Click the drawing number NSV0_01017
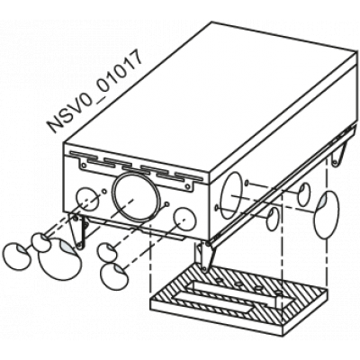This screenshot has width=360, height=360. click(x=94, y=92)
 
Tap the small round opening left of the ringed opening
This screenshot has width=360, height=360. click(x=87, y=199)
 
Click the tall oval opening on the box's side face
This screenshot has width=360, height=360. click(x=232, y=195)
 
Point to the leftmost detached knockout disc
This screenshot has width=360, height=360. click(x=17, y=257)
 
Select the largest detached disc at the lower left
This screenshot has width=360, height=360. click(x=60, y=258)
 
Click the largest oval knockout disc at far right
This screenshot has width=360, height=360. click(x=327, y=214)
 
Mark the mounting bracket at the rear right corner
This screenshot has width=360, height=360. click(x=339, y=155)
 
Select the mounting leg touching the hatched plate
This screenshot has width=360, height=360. click(x=205, y=256)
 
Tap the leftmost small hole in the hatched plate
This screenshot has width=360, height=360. click(x=219, y=281)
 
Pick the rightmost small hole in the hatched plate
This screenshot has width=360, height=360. click(x=279, y=292)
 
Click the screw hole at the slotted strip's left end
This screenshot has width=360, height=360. click(x=84, y=166)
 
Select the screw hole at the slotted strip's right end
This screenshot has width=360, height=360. click(x=188, y=186)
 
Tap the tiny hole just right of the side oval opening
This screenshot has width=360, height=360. click(x=247, y=182)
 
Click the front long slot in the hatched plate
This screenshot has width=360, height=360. click(x=214, y=305)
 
